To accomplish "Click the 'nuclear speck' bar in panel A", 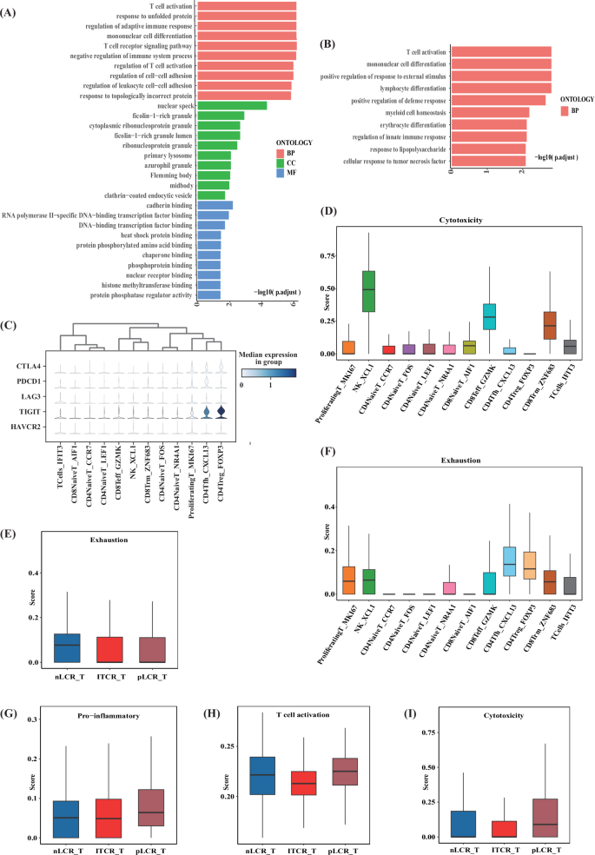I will coord(232,106).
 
